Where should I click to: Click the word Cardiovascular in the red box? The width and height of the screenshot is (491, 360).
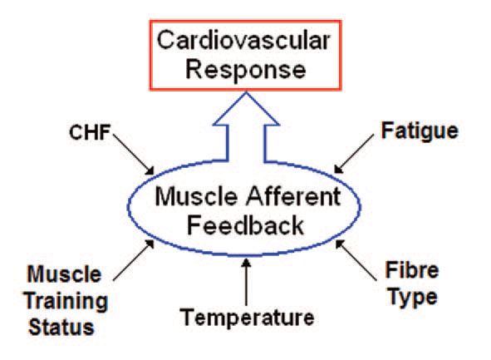(x=243, y=40)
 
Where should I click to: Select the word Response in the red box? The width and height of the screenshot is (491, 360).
(x=246, y=70)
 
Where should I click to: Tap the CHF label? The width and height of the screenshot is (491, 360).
(x=90, y=132)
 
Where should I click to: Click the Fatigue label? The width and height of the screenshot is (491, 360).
(x=420, y=131)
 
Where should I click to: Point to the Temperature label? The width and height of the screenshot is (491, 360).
(x=247, y=317)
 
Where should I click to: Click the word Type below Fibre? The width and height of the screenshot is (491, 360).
(x=412, y=298)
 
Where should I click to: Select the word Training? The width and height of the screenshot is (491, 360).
(x=66, y=302)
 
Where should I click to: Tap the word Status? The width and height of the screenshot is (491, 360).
(x=61, y=328)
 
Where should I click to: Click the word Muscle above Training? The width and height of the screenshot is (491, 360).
(x=65, y=274)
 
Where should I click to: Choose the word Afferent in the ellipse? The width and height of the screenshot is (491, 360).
(x=293, y=196)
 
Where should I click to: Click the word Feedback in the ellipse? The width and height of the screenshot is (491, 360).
(x=245, y=225)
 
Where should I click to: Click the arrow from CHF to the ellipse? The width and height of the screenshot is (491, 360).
(x=134, y=155)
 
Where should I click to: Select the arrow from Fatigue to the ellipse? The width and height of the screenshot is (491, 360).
(x=354, y=154)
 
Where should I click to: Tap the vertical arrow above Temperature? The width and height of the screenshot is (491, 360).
(x=247, y=282)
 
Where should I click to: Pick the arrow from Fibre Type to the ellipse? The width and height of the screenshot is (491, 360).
(x=356, y=259)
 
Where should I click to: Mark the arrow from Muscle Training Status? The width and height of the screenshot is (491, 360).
(x=134, y=260)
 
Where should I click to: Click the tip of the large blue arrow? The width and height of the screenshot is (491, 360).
(x=246, y=91)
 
